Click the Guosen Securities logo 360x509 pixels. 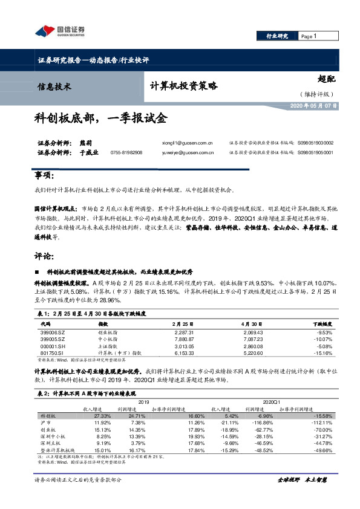point(59,31)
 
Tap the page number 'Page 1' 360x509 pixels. point(309,36)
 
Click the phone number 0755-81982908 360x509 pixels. point(126,153)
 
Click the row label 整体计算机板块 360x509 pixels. point(57,450)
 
